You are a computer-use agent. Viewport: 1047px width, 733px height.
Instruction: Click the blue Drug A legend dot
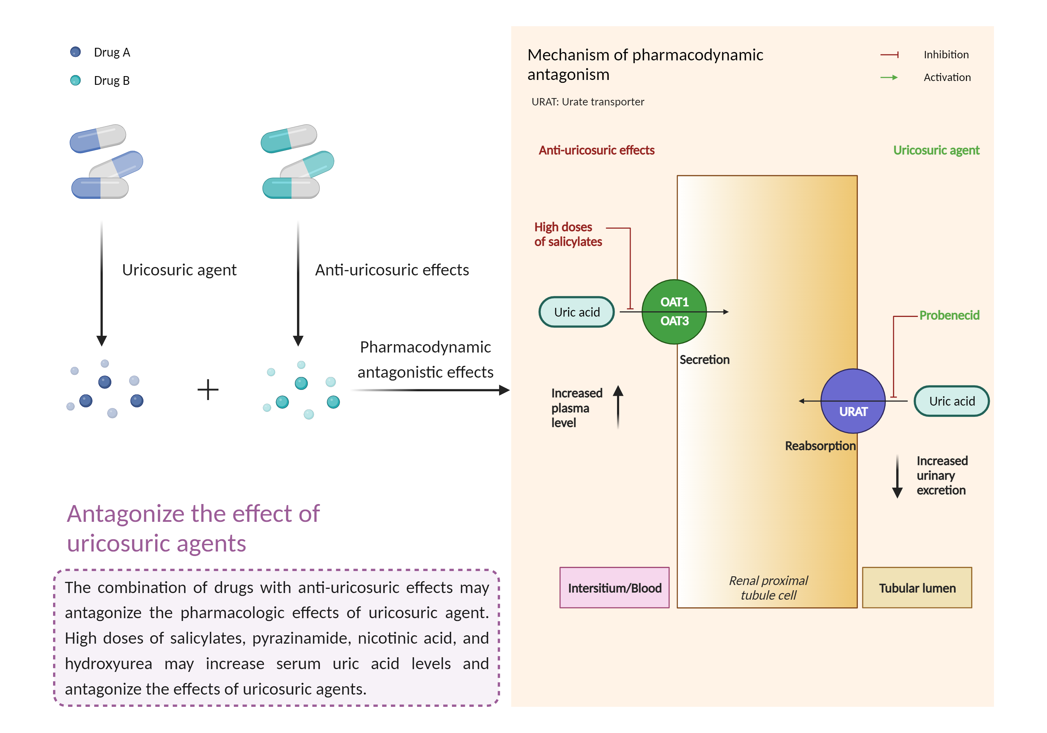(75, 52)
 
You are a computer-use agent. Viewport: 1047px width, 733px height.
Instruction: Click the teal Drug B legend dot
(75, 80)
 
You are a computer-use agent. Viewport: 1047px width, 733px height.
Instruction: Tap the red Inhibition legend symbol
(889, 55)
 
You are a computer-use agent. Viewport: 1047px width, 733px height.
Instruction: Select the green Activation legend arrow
(889, 77)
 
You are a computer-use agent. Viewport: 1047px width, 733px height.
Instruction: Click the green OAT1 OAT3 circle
(674, 312)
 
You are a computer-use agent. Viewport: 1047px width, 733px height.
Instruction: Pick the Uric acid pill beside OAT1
(577, 312)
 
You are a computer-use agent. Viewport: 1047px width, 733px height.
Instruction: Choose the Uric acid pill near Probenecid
(952, 401)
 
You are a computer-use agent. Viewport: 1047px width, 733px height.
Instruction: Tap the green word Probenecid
(949, 315)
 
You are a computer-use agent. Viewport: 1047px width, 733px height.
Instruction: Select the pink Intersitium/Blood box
(614, 588)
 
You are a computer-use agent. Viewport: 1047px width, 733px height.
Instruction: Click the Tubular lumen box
(917, 588)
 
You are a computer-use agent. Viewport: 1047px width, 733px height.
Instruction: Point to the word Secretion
(705, 360)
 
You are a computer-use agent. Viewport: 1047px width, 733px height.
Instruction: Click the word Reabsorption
(820, 446)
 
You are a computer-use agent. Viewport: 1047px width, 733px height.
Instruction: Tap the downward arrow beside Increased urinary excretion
(897, 477)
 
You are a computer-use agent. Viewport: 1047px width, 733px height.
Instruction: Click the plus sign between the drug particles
(208, 390)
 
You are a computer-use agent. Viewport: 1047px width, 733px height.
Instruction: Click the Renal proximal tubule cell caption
(768, 587)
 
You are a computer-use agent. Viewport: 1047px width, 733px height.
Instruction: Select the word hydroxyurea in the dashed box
(109, 663)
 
